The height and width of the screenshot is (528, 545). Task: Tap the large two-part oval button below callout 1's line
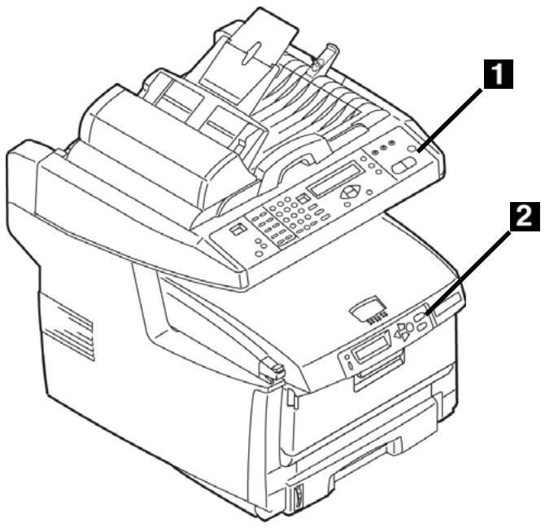[403, 165]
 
